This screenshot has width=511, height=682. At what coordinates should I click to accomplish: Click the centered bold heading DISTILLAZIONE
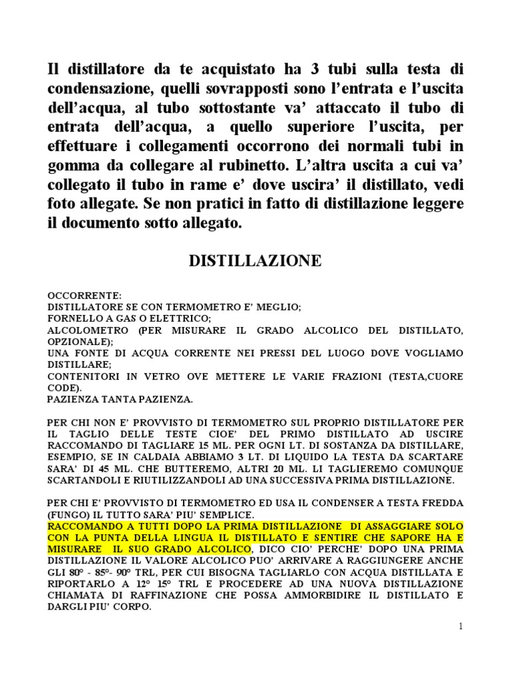click(256, 261)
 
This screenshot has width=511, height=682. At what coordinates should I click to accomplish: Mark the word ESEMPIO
click(72, 457)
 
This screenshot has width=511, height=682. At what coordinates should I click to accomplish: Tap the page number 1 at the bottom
click(460, 626)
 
